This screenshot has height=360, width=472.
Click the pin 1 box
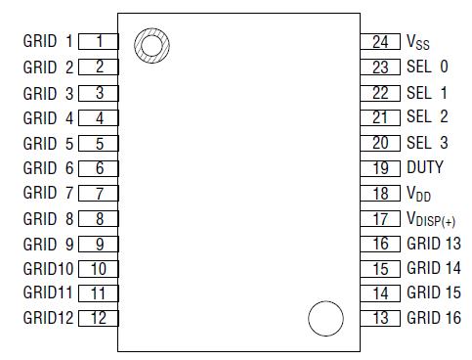(x=98, y=42)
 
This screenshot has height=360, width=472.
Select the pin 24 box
(x=379, y=42)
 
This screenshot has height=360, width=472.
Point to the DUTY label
(x=424, y=167)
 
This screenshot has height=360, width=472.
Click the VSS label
(x=418, y=43)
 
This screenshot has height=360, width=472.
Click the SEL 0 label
(x=427, y=67)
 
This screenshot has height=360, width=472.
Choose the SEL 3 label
(x=427, y=142)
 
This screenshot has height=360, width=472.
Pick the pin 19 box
(x=379, y=167)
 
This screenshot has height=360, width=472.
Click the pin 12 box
(x=98, y=317)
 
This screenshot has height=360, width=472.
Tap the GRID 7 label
(x=48, y=193)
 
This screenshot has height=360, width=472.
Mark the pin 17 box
(x=379, y=218)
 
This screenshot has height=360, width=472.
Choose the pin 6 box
(x=98, y=167)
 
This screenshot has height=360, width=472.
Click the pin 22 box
(x=379, y=93)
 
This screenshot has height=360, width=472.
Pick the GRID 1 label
(x=48, y=42)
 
